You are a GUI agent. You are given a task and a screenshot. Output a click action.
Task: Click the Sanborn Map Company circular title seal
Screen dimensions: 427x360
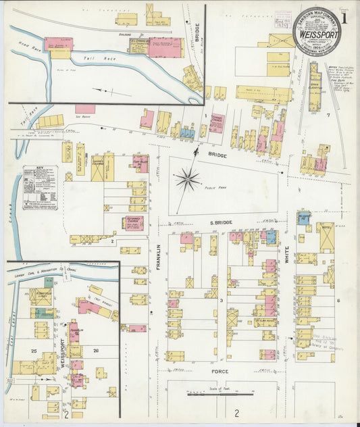(316, 31)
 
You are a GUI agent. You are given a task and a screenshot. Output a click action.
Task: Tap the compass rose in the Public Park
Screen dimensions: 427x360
(187, 179)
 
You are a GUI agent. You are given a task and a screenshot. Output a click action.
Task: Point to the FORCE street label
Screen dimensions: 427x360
(220, 372)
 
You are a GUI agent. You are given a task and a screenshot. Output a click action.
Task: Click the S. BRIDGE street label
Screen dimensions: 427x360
(220, 222)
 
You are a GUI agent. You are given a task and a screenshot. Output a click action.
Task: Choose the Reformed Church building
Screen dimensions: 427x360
(132, 224)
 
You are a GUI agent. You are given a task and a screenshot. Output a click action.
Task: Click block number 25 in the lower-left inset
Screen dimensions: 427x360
(33, 351)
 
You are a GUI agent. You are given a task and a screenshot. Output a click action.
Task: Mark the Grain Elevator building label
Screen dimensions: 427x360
(315, 88)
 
